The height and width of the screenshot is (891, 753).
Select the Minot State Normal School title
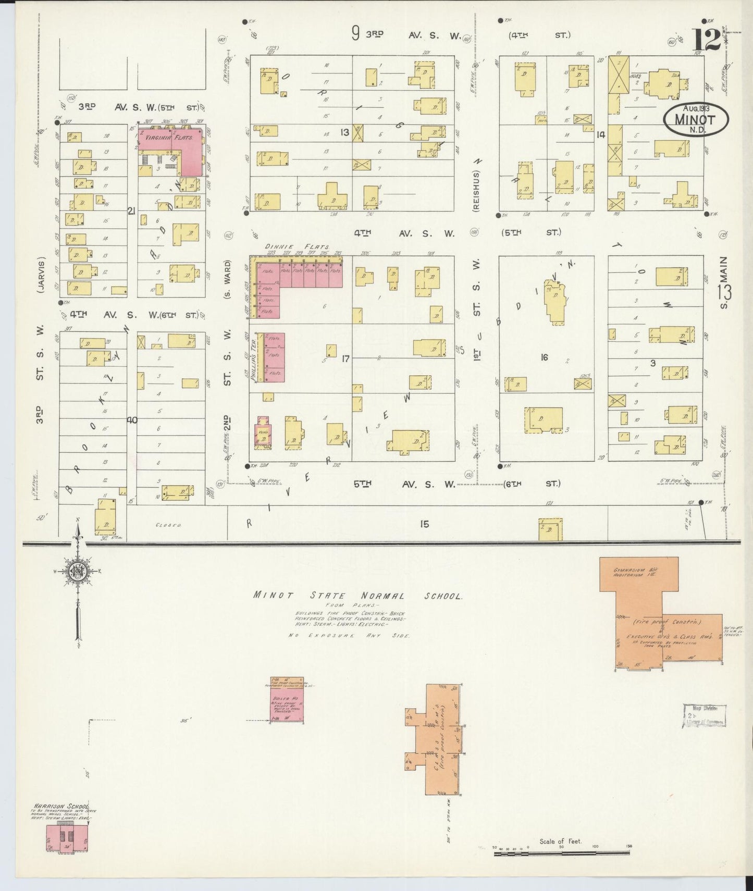(x=357, y=596)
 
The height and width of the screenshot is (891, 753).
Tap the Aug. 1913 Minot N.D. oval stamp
(x=696, y=118)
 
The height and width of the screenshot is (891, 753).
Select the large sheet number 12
(x=706, y=40)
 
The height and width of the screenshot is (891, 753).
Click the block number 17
(x=345, y=358)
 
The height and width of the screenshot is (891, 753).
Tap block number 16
(x=544, y=357)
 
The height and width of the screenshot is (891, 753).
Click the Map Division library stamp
(x=705, y=716)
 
